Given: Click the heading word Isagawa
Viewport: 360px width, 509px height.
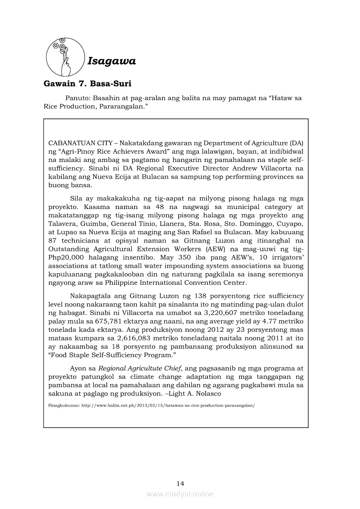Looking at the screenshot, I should [112, 61].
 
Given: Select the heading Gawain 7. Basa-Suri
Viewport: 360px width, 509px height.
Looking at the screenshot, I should [87, 84].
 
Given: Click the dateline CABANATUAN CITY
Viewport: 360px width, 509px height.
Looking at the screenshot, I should [81, 142].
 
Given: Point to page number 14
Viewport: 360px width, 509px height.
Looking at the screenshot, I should [180, 483].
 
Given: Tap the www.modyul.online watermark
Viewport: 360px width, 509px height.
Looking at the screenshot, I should [180, 494].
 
